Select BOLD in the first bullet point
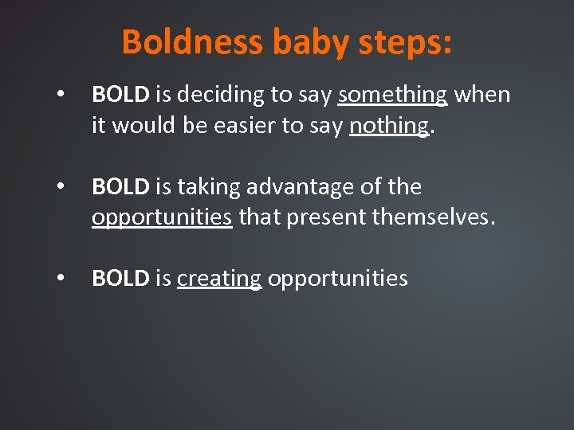(x=120, y=95)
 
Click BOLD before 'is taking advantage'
(x=120, y=187)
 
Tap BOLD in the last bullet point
(x=120, y=279)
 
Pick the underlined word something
(x=392, y=96)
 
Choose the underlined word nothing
(x=389, y=126)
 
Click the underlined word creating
(x=219, y=279)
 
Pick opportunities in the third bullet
(x=338, y=279)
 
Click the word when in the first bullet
(x=482, y=95)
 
